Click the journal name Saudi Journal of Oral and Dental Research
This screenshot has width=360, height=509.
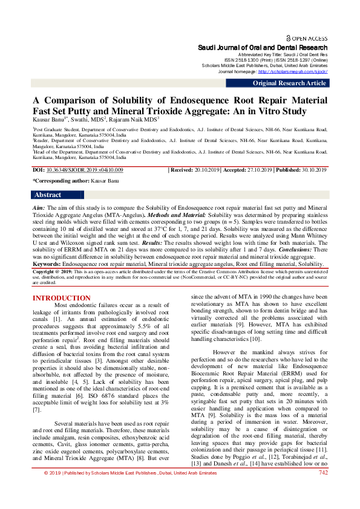tap(263, 47)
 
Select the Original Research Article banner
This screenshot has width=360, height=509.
tap(289, 83)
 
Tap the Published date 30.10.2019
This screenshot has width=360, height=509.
tap(313, 171)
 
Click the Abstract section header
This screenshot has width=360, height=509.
tap(48, 195)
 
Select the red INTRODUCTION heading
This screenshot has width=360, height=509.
tap(61, 298)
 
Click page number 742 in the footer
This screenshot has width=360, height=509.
tap(322, 489)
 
